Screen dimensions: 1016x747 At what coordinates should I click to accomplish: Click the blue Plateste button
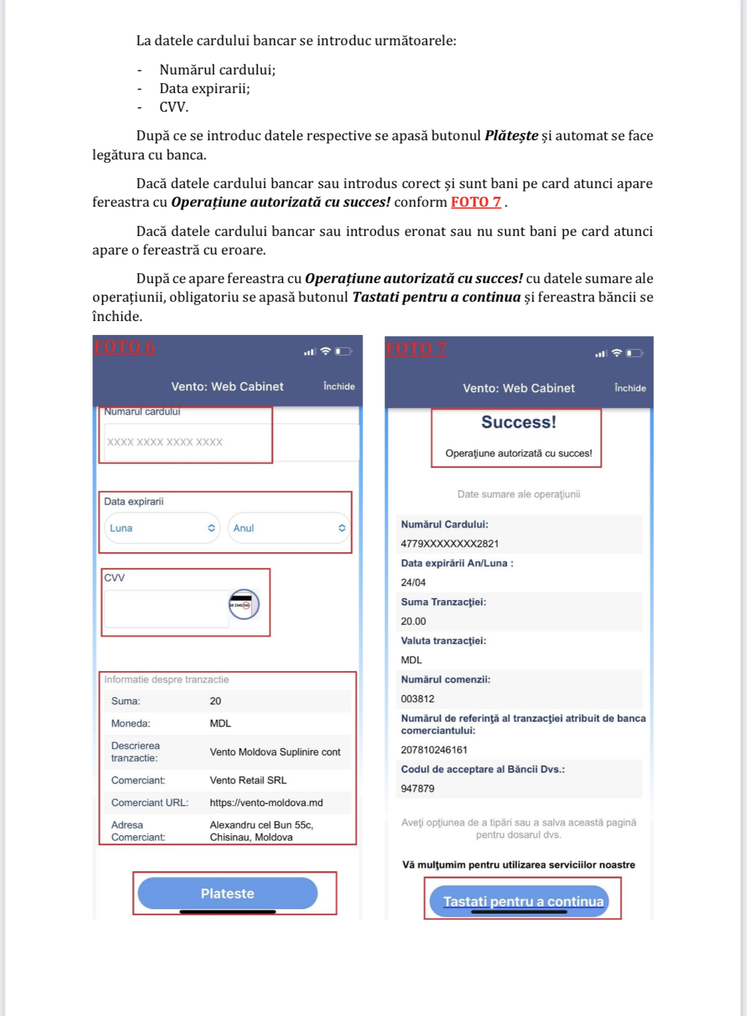click(x=227, y=893)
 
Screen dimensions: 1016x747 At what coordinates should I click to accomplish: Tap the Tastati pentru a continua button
click(x=523, y=901)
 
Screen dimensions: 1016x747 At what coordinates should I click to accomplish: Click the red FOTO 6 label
click(x=124, y=347)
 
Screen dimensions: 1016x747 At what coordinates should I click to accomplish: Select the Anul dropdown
click(x=289, y=528)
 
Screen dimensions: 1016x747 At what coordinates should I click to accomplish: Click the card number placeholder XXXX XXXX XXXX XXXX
click(x=165, y=442)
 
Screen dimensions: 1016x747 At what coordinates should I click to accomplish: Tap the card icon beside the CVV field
click(x=244, y=604)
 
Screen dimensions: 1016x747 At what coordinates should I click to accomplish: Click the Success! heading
click(x=519, y=422)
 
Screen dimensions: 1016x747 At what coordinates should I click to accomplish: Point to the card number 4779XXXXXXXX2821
click(x=450, y=544)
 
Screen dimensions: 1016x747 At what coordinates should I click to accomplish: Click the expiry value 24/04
click(x=413, y=582)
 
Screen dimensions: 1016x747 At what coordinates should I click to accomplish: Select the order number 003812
click(x=418, y=699)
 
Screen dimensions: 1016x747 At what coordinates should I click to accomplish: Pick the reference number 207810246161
click(x=434, y=750)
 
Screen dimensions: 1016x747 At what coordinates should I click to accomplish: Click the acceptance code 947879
click(x=418, y=789)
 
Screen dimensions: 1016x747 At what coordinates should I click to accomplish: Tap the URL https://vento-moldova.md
click(x=266, y=803)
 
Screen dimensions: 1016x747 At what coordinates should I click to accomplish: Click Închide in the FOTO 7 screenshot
click(x=629, y=388)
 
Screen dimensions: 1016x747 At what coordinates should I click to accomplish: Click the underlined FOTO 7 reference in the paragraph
click(x=475, y=202)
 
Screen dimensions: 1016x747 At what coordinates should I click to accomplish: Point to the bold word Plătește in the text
click(x=511, y=136)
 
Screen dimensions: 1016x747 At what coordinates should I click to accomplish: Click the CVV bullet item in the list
click(x=174, y=107)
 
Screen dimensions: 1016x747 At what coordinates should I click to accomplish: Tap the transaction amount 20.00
click(x=413, y=621)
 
